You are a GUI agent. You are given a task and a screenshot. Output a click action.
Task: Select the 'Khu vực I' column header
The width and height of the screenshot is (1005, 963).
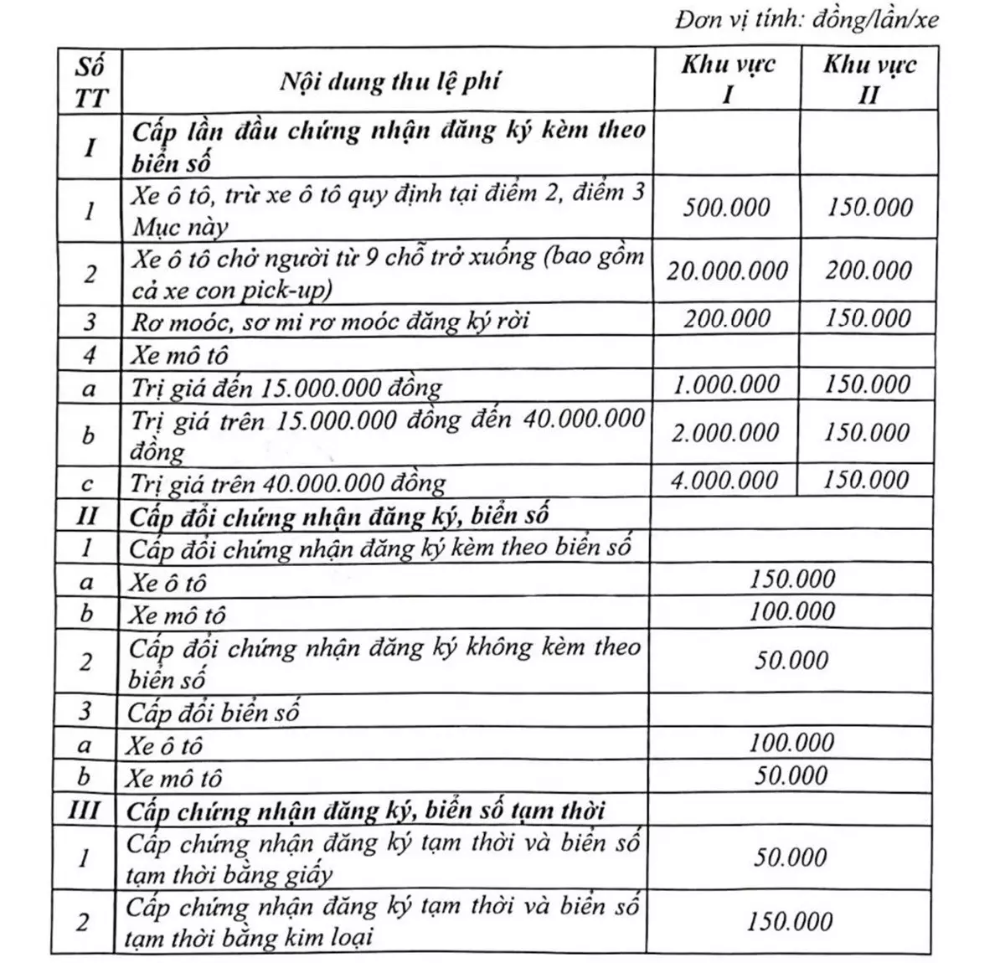[727, 79]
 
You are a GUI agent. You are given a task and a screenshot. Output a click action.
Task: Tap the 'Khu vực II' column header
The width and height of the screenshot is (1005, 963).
[868, 79]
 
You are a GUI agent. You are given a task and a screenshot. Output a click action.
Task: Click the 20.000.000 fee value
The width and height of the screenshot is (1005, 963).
[727, 270]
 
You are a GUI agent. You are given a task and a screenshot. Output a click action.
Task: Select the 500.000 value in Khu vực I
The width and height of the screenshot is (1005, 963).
[726, 207]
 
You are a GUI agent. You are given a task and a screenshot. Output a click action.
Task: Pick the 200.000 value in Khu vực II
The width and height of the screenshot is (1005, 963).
[868, 270]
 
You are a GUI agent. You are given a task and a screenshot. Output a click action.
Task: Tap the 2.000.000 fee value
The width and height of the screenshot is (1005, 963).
[726, 432]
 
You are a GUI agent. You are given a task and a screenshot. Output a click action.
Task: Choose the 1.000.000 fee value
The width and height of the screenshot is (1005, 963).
[726, 384]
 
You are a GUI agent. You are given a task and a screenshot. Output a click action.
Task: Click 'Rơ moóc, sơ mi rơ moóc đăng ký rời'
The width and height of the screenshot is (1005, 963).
[330, 321]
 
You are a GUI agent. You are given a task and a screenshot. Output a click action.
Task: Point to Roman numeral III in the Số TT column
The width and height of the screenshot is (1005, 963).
[87, 811]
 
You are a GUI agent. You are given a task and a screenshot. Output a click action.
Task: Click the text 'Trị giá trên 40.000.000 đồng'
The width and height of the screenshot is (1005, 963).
[288, 483]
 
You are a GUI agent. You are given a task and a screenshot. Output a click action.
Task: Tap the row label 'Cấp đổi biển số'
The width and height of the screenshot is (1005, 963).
[214, 713]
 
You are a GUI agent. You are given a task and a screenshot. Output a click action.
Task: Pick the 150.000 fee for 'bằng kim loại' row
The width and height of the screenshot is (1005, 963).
[790, 921]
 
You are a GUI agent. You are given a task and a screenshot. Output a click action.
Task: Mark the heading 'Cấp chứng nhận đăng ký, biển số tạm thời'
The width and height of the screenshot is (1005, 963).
[366, 811]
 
